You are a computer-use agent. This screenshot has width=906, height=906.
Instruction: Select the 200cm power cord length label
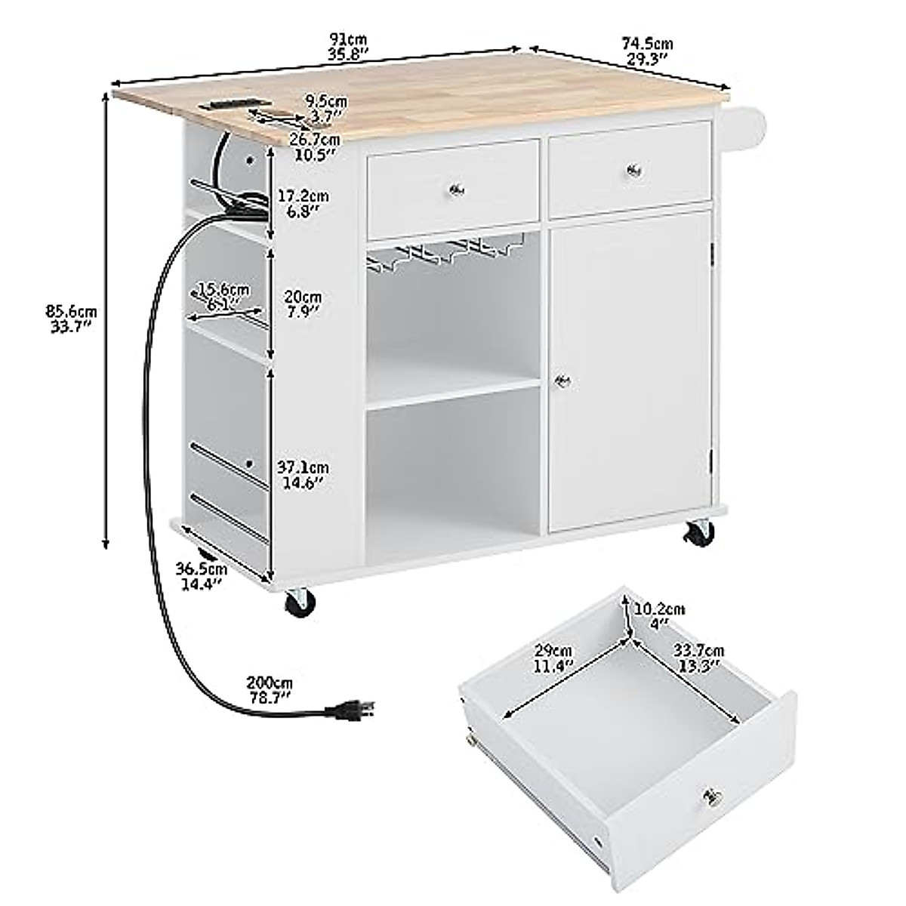tap(270, 689)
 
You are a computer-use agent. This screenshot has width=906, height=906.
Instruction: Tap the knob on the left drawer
tap(456, 189)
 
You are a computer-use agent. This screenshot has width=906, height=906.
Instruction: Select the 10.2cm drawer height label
tap(659, 616)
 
